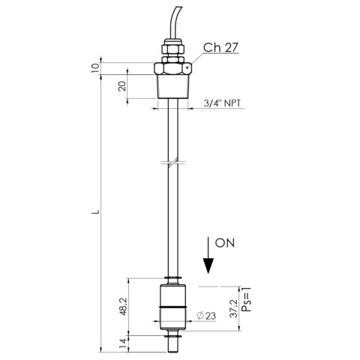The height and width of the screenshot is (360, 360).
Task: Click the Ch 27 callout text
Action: pos(220,47)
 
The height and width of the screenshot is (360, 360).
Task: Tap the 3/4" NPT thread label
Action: pos(222,103)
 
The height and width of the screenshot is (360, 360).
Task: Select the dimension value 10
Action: pos(95,67)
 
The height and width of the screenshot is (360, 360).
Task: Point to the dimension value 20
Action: pos(122,86)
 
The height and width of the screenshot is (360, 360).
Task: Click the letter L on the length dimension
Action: pos(95,212)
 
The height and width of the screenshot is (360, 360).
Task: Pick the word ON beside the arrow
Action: pos(225,243)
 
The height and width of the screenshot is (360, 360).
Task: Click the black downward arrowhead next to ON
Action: pos(208,265)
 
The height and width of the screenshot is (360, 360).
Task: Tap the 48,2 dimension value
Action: pos(124,307)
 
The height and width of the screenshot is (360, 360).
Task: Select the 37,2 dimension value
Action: pos(233,309)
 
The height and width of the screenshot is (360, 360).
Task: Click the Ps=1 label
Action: pos(247,299)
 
